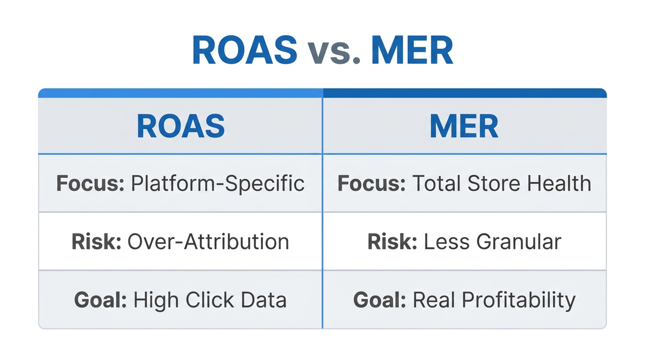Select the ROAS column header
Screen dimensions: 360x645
click(x=180, y=126)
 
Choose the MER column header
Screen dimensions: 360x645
click(x=464, y=126)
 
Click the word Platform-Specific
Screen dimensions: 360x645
click(x=217, y=183)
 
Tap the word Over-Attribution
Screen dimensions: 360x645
click(x=208, y=241)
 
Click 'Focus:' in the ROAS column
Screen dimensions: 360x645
click(x=90, y=183)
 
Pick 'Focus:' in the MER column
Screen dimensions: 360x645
click(x=371, y=183)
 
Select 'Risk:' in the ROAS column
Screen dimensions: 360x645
click(x=97, y=241)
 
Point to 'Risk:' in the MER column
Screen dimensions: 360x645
click(x=392, y=241)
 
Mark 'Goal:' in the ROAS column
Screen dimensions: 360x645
click(x=100, y=300)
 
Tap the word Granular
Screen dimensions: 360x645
click(x=519, y=241)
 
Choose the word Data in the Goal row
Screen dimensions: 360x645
click(x=264, y=300)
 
